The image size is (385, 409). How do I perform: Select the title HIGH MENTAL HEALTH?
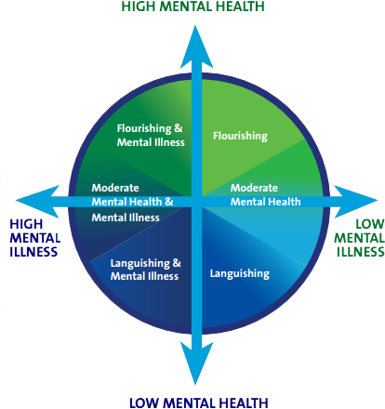tap(192, 7)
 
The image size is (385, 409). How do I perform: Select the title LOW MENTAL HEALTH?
tap(198, 402)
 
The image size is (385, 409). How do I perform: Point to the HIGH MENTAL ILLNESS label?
tap(34, 237)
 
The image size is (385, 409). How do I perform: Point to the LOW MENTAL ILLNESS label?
tap(358, 237)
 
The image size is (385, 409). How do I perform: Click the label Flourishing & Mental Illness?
tap(150, 135)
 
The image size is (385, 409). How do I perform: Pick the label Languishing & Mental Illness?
tap(145, 270)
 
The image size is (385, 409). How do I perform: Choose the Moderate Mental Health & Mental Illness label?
tap(132, 202)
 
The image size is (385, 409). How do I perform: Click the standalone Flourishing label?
tap(240, 136)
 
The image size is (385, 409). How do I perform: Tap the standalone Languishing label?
tap(240, 273)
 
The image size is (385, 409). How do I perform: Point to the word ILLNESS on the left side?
tap(34, 251)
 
